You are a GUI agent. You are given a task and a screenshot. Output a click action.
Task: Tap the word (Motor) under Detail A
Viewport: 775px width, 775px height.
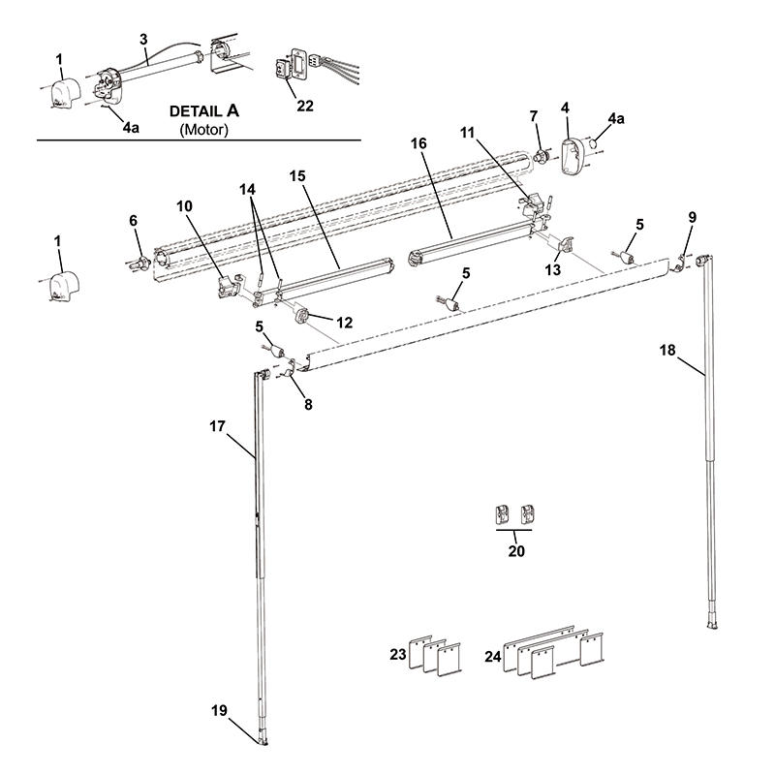[x=203, y=129]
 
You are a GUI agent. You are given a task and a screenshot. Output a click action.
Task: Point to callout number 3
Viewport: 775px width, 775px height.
[x=143, y=39]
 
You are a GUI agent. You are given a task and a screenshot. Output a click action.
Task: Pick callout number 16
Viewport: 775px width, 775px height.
[x=418, y=143]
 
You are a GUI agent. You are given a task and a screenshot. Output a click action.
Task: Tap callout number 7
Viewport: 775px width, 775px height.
[x=533, y=117]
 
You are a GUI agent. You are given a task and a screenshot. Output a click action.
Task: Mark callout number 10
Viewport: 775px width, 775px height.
[x=184, y=205]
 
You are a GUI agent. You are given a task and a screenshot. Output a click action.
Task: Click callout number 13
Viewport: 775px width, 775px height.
[x=552, y=270]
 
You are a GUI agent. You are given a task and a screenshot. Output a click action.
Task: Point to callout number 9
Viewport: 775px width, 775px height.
[x=691, y=218]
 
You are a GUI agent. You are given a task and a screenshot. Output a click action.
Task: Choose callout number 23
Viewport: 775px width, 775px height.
[x=397, y=655]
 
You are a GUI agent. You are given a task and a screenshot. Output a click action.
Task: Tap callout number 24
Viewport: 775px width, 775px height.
[x=493, y=657]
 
